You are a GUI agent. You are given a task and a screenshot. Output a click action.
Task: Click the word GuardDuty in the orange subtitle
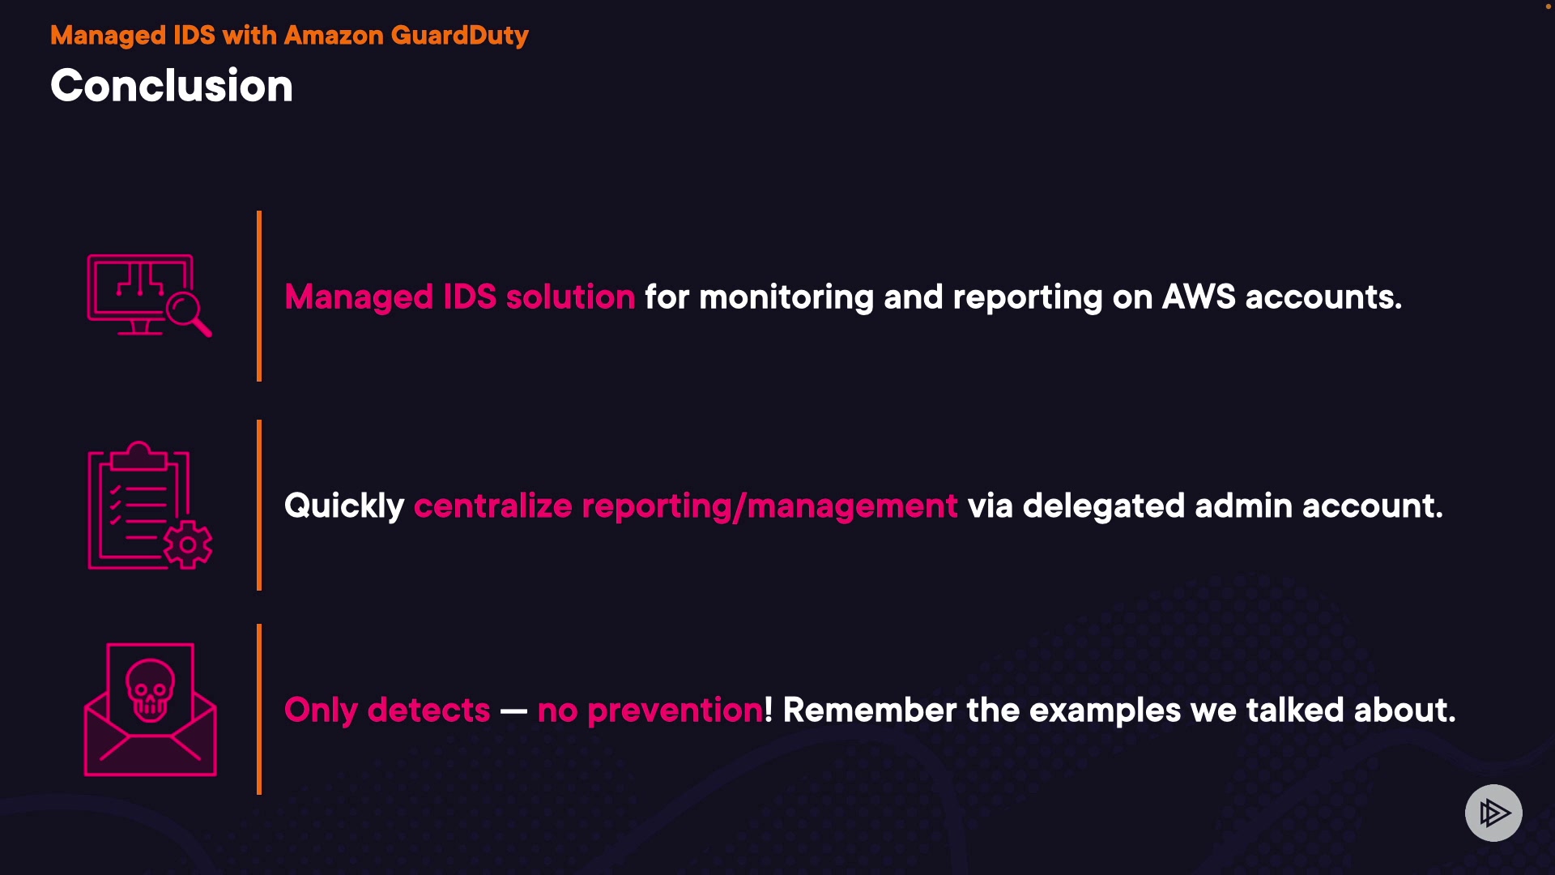click(459, 36)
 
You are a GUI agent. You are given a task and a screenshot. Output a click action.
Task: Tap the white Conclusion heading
click(172, 86)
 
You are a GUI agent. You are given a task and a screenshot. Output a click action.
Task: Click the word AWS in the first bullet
click(1199, 297)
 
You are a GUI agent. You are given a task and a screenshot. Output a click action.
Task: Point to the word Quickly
click(344, 506)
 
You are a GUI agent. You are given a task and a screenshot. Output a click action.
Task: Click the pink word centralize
click(493, 506)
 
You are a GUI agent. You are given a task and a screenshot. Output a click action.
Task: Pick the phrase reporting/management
click(769, 507)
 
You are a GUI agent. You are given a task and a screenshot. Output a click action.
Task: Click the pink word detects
click(428, 711)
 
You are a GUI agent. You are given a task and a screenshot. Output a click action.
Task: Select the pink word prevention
click(675, 711)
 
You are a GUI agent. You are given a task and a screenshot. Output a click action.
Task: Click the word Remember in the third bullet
click(870, 711)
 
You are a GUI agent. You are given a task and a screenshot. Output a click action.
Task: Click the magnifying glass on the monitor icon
click(188, 313)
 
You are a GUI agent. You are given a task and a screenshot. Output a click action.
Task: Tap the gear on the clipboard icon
click(188, 544)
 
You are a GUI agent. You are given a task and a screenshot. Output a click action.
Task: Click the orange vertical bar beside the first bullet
click(259, 296)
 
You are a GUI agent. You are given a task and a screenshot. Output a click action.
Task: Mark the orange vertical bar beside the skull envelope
click(259, 709)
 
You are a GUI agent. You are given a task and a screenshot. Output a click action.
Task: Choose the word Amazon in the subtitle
click(334, 36)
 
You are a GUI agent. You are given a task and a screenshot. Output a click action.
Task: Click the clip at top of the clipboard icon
click(138, 457)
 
